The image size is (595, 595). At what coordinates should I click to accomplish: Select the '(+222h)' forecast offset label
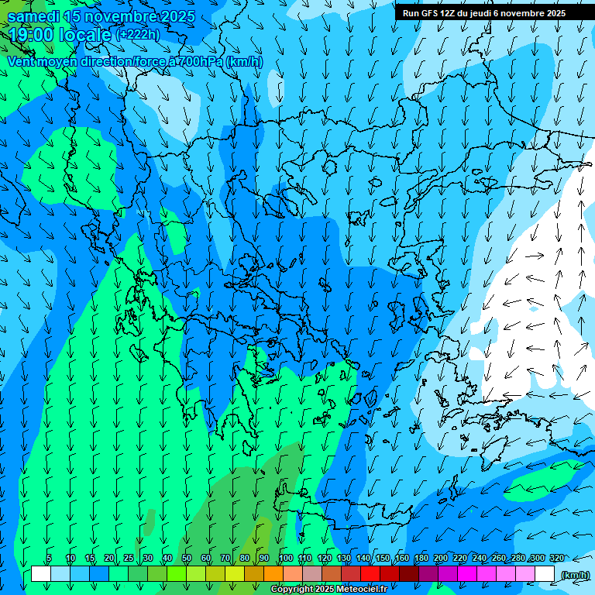[138, 35]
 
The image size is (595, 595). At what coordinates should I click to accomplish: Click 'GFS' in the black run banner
[430, 13]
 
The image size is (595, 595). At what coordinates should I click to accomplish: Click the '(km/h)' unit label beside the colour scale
[574, 574]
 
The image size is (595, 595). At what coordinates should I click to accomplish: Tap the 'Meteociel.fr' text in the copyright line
[361, 590]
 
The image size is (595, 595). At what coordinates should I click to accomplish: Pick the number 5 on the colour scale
[49, 559]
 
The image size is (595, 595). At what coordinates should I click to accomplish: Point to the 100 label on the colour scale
[286, 559]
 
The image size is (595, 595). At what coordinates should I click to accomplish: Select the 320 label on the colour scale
[557, 559]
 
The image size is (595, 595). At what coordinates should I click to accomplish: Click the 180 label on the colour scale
[421, 559]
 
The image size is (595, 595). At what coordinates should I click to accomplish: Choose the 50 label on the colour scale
[187, 559]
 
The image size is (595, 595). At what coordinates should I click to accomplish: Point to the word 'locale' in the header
[86, 35]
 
